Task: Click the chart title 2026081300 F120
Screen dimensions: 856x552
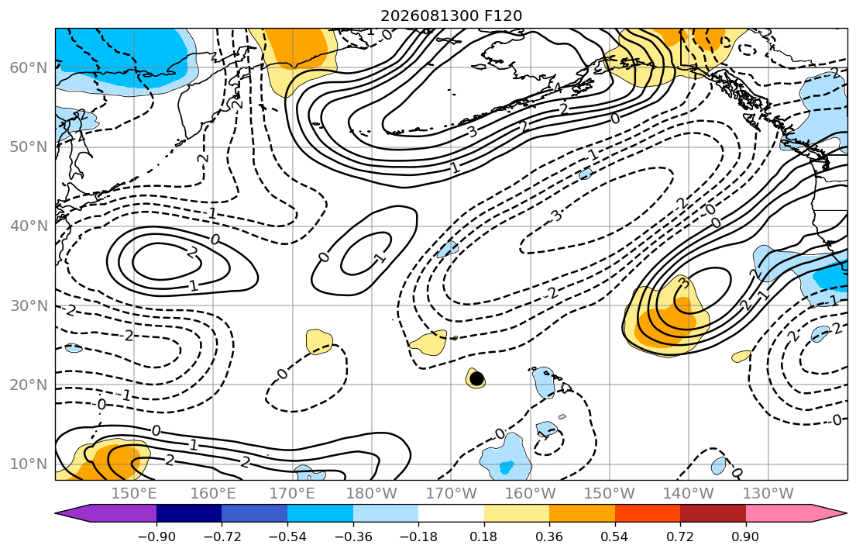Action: point(451,16)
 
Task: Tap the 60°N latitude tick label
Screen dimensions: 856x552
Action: point(29,67)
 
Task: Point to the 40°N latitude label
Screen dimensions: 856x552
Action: point(29,226)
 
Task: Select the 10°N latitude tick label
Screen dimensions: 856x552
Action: point(29,464)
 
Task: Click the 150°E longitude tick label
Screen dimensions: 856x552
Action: point(134,494)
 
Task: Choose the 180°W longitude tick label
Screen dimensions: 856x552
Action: point(372,494)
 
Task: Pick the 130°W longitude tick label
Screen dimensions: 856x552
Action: point(768,494)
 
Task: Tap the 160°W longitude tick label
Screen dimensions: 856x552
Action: point(531,494)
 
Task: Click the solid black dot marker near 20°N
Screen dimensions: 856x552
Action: point(476,378)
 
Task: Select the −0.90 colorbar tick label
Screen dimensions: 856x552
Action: point(156,536)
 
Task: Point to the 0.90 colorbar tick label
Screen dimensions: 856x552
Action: point(746,536)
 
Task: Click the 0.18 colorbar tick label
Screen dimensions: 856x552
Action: point(483,536)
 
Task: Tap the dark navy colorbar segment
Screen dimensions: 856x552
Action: point(189,513)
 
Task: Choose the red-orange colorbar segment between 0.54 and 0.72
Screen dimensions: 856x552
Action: point(648,513)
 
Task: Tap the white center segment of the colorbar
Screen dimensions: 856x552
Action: point(451,513)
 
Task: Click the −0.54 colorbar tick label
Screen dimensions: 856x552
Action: point(287,536)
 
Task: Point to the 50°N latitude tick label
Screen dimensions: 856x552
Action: point(29,147)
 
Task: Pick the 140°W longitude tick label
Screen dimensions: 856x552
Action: point(689,494)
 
